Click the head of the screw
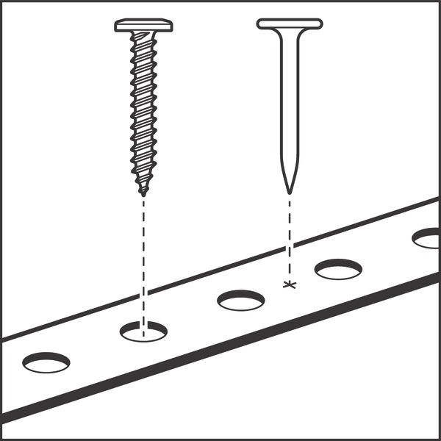[x=143, y=26]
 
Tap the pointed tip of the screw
[x=143, y=193]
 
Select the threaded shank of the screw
[x=143, y=110]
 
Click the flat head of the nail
[x=289, y=24]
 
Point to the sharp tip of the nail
[x=289, y=191]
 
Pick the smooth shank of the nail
[x=289, y=103]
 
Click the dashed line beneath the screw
[x=143, y=257]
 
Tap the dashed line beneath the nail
[x=290, y=235]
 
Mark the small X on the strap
[x=290, y=284]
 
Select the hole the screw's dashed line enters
[x=143, y=331]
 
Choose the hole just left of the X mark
[x=241, y=300]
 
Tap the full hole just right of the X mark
[x=338, y=269]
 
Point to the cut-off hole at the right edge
[x=428, y=238]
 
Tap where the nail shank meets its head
[x=289, y=31]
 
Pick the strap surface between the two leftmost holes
[x=94, y=346]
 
